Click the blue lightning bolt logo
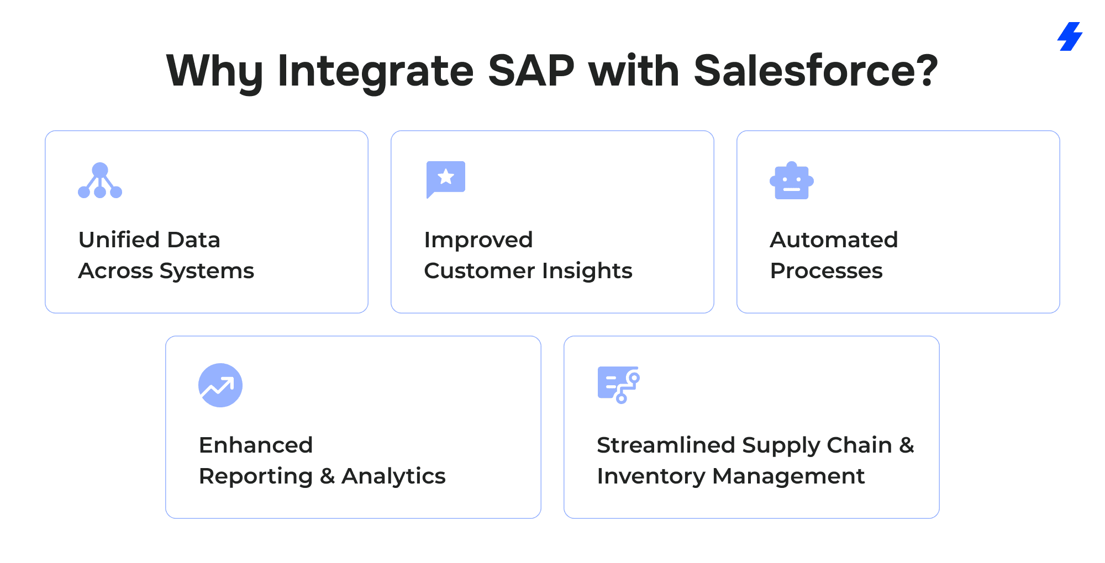[x=1070, y=36]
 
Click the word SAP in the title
[x=531, y=71]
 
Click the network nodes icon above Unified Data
[x=100, y=180]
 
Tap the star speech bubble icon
[x=446, y=179]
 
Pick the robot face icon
[x=792, y=180]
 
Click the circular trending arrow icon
[x=220, y=385]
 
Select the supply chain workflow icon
[x=619, y=385]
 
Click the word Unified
[x=119, y=240]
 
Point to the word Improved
[x=478, y=240]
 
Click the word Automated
[x=834, y=240]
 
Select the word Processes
[x=827, y=271]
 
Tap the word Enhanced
[x=256, y=445]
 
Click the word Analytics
[x=393, y=476]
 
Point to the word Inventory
[x=651, y=476]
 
